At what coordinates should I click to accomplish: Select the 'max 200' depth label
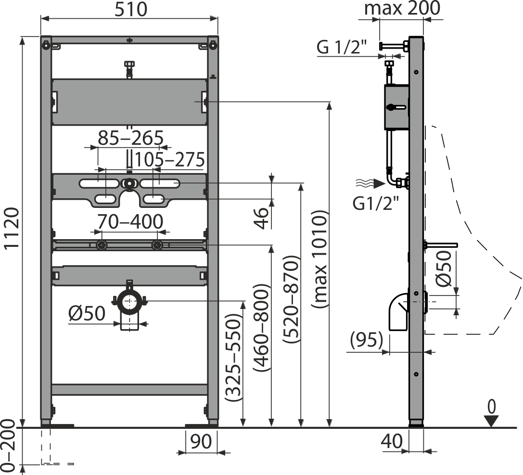[402, 8]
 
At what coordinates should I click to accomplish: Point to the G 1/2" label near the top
[343, 47]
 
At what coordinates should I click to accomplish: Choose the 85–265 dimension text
[131, 138]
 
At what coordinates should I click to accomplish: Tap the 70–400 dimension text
[130, 221]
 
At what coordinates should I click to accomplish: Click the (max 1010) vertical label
[319, 260]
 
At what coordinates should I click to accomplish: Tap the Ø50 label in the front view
[87, 314]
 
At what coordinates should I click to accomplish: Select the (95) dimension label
[367, 340]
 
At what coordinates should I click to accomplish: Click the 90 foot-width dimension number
[201, 441]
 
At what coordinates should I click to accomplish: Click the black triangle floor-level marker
[491, 421]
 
